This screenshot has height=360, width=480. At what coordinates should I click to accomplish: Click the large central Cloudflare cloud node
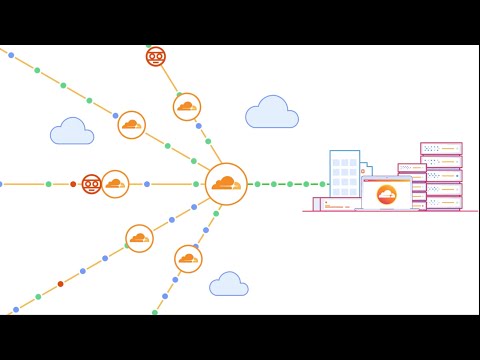pyautogui.click(x=226, y=184)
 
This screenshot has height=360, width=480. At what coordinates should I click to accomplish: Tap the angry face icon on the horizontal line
pyautogui.click(x=91, y=184)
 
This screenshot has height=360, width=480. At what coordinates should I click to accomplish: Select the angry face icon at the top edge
pyautogui.click(x=155, y=56)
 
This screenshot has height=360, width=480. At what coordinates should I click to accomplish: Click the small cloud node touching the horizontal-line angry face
pyautogui.click(x=115, y=184)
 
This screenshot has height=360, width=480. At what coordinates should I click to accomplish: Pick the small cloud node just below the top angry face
pyautogui.click(x=187, y=107)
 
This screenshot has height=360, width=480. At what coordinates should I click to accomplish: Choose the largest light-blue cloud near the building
pyautogui.click(x=272, y=113)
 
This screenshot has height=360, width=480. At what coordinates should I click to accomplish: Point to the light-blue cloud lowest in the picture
pyautogui.click(x=229, y=285)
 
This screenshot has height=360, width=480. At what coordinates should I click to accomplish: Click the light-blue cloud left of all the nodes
pyautogui.click(x=72, y=132)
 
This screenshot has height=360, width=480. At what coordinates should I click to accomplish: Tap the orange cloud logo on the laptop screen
pyautogui.click(x=386, y=194)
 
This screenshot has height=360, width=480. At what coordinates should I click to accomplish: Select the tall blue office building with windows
pyautogui.click(x=344, y=174)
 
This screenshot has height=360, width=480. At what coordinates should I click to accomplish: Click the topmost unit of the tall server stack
pyautogui.click(x=441, y=148)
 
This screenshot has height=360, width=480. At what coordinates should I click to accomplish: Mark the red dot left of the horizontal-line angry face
pyautogui.click(x=73, y=184)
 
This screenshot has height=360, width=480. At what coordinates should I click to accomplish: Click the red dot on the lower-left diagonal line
pyautogui.click(x=60, y=284)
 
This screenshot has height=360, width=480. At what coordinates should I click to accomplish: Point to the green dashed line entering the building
pyautogui.click(x=290, y=184)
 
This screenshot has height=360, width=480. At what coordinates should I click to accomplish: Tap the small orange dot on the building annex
pyautogui.click(x=326, y=203)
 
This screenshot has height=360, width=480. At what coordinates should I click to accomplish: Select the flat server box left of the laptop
pyautogui.click(x=341, y=204)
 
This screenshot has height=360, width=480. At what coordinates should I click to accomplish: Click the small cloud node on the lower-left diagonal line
pyautogui.click(x=139, y=238)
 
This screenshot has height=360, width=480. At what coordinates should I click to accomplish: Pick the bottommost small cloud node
pyautogui.click(x=188, y=259)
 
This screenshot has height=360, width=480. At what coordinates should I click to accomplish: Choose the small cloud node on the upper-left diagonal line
pyautogui.click(x=132, y=125)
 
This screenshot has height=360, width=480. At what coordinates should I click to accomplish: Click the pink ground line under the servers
pyautogui.click(x=390, y=212)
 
